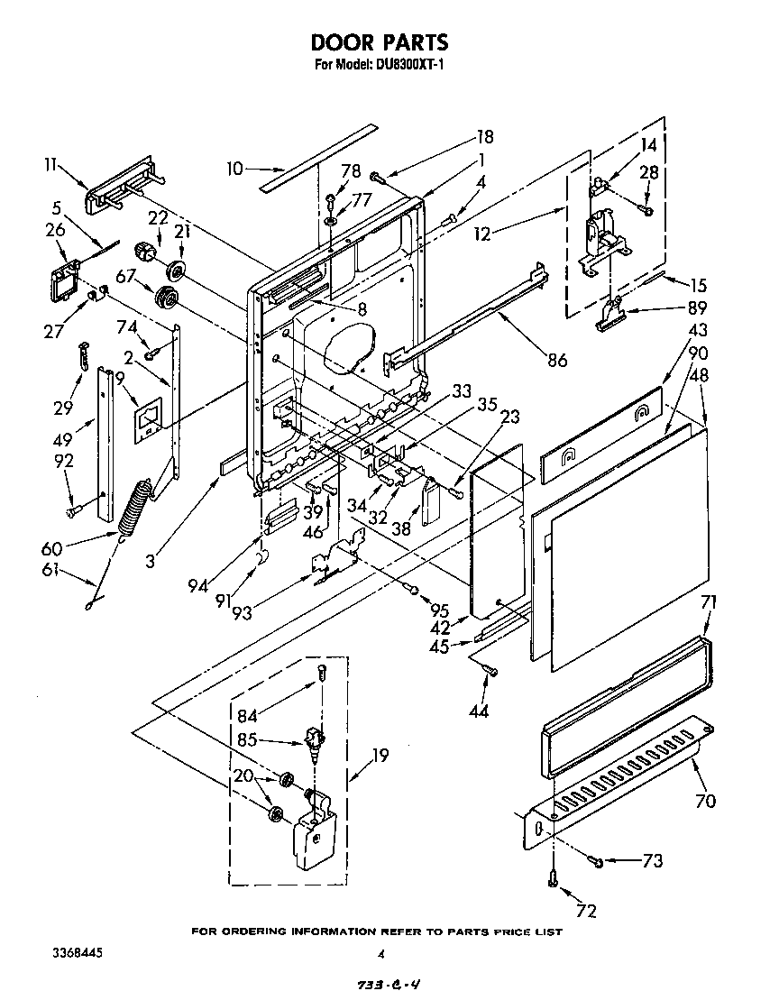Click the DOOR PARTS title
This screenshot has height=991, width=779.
tap(380, 42)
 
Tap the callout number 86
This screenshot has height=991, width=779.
tap(557, 361)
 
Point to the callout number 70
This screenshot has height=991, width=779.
tap(705, 799)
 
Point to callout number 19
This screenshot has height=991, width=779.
tap(380, 756)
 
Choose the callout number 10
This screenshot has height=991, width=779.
tap(234, 168)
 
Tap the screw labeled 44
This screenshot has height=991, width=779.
tap(488, 668)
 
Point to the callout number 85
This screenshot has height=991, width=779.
tap(246, 740)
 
